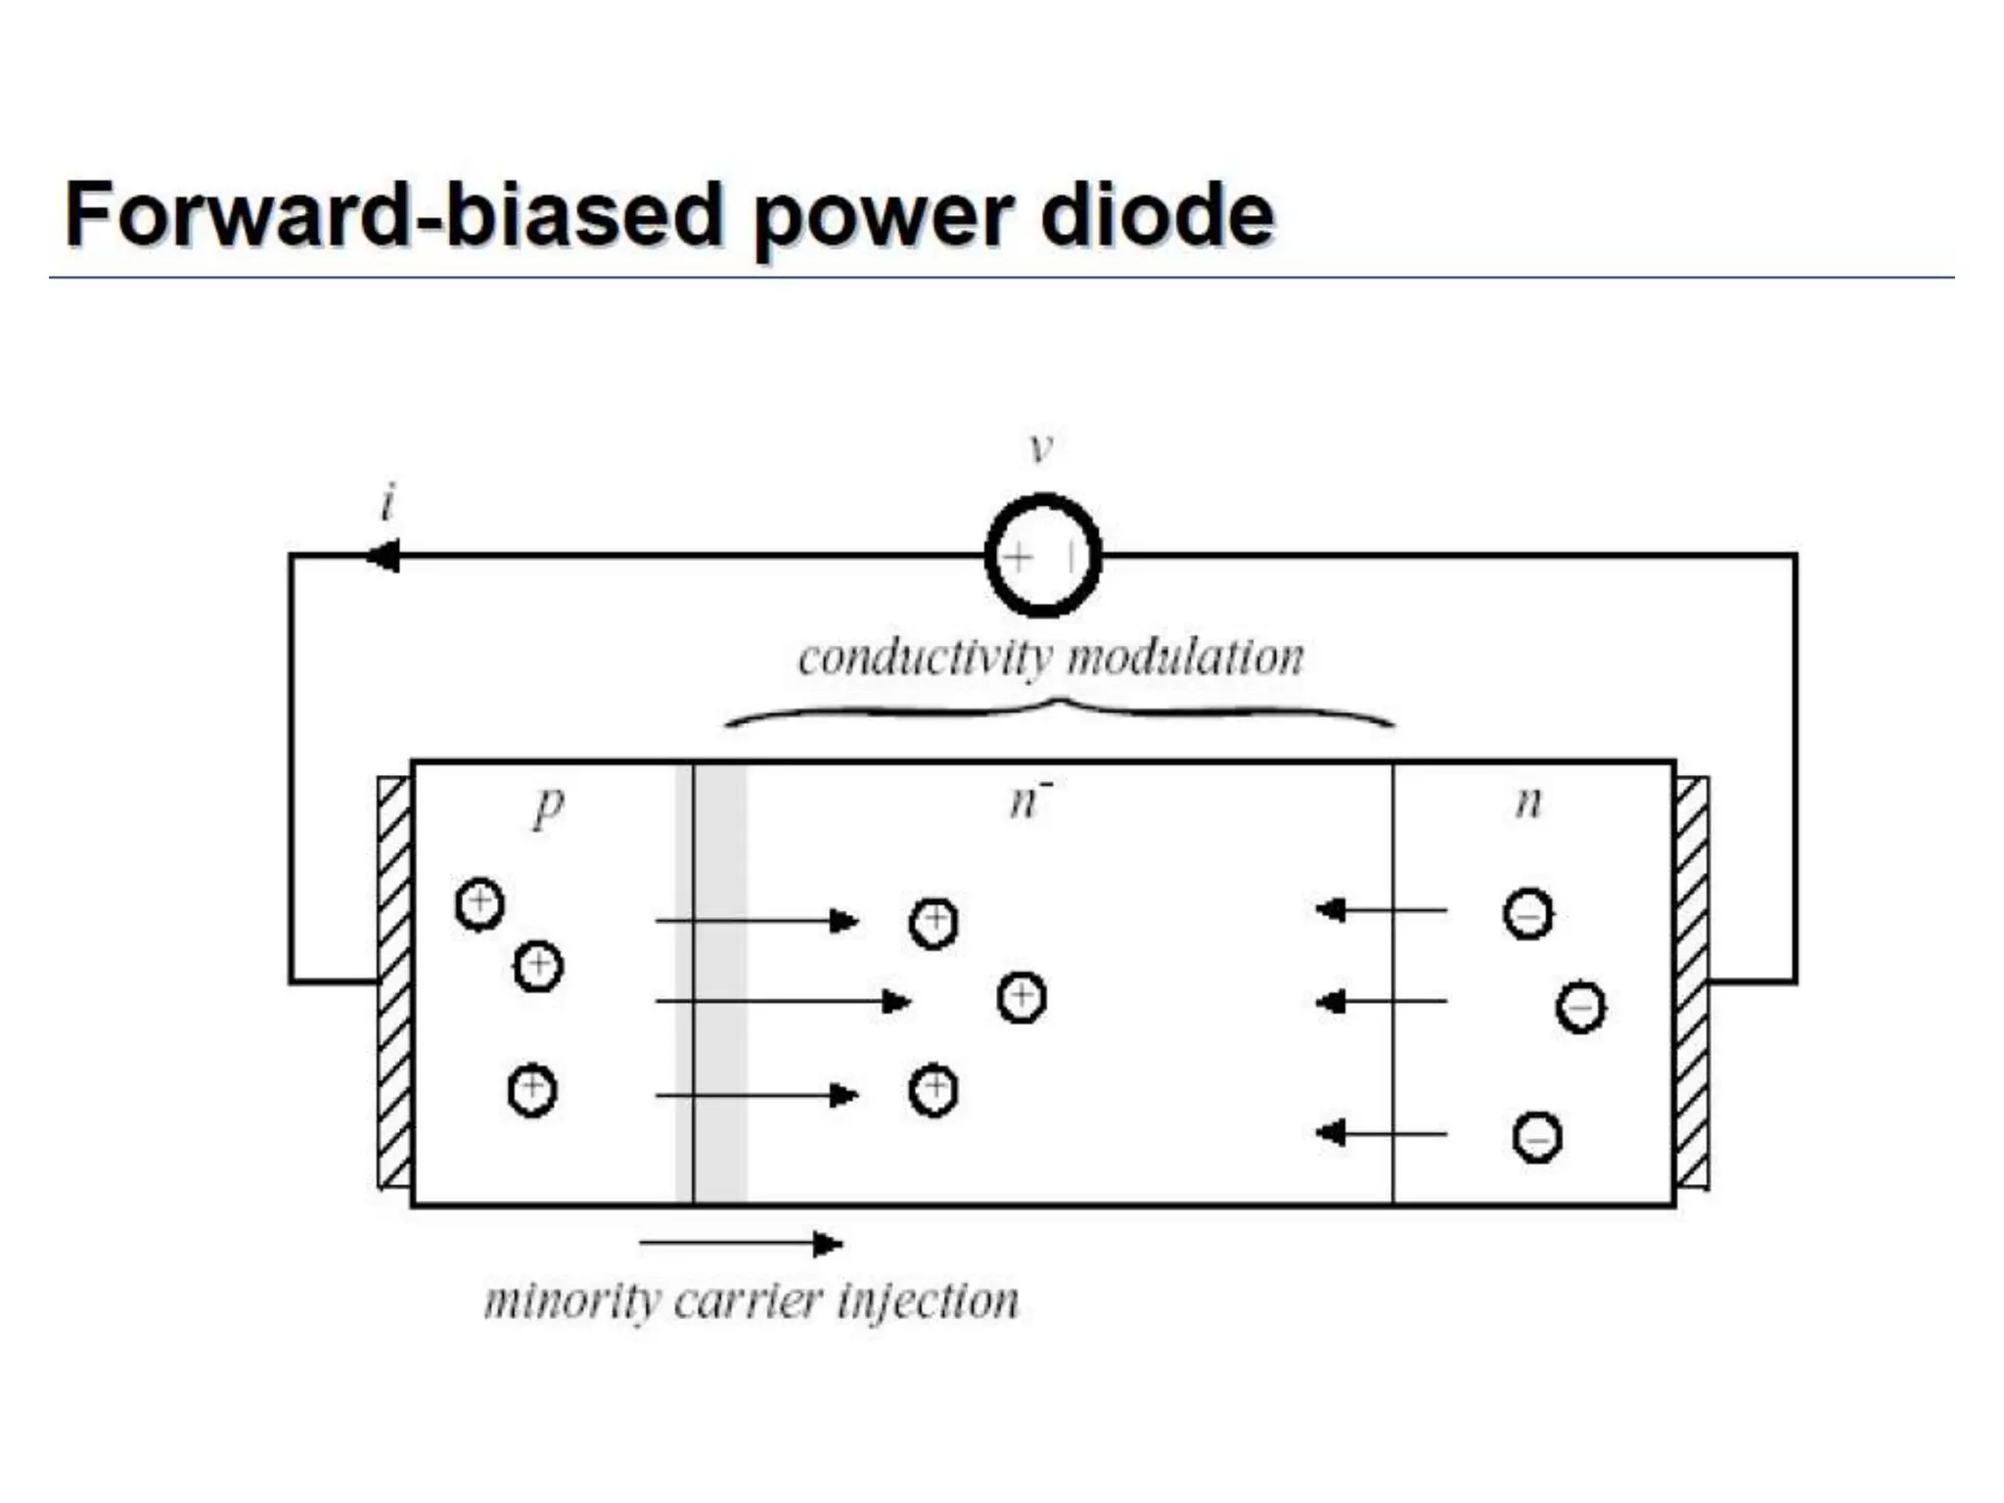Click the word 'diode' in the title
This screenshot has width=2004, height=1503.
1157,215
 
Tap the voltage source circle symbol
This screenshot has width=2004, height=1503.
1043,556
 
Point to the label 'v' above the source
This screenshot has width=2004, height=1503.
1041,447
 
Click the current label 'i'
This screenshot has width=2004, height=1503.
388,503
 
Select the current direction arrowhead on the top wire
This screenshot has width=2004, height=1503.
383,557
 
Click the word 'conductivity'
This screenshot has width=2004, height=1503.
925,658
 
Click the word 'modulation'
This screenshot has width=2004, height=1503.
1186,658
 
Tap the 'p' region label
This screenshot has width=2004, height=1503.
549,807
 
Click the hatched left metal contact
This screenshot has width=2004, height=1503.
394,982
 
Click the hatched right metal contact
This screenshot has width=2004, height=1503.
1693,982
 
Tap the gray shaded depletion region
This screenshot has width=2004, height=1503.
711,982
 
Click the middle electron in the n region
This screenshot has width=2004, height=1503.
1580,1008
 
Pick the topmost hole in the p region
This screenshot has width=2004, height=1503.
479,903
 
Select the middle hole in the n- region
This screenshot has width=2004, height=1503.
1022,997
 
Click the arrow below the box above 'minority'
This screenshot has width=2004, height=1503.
741,1244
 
